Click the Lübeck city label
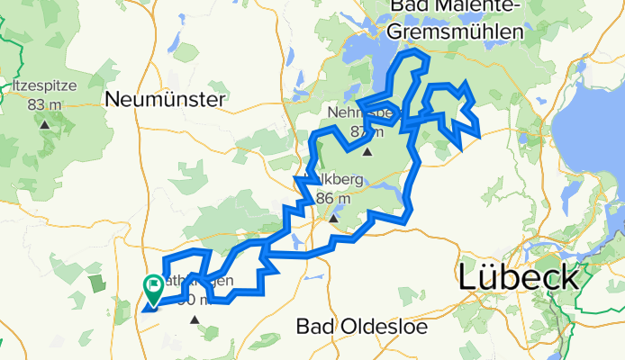pos(519,277)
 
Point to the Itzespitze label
pos(45,86)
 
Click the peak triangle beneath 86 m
pos(333,218)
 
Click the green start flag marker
pos(152,289)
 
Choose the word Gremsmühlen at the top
pos(457,31)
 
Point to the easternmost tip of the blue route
pos(480,137)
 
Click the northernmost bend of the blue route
pos(415,54)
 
